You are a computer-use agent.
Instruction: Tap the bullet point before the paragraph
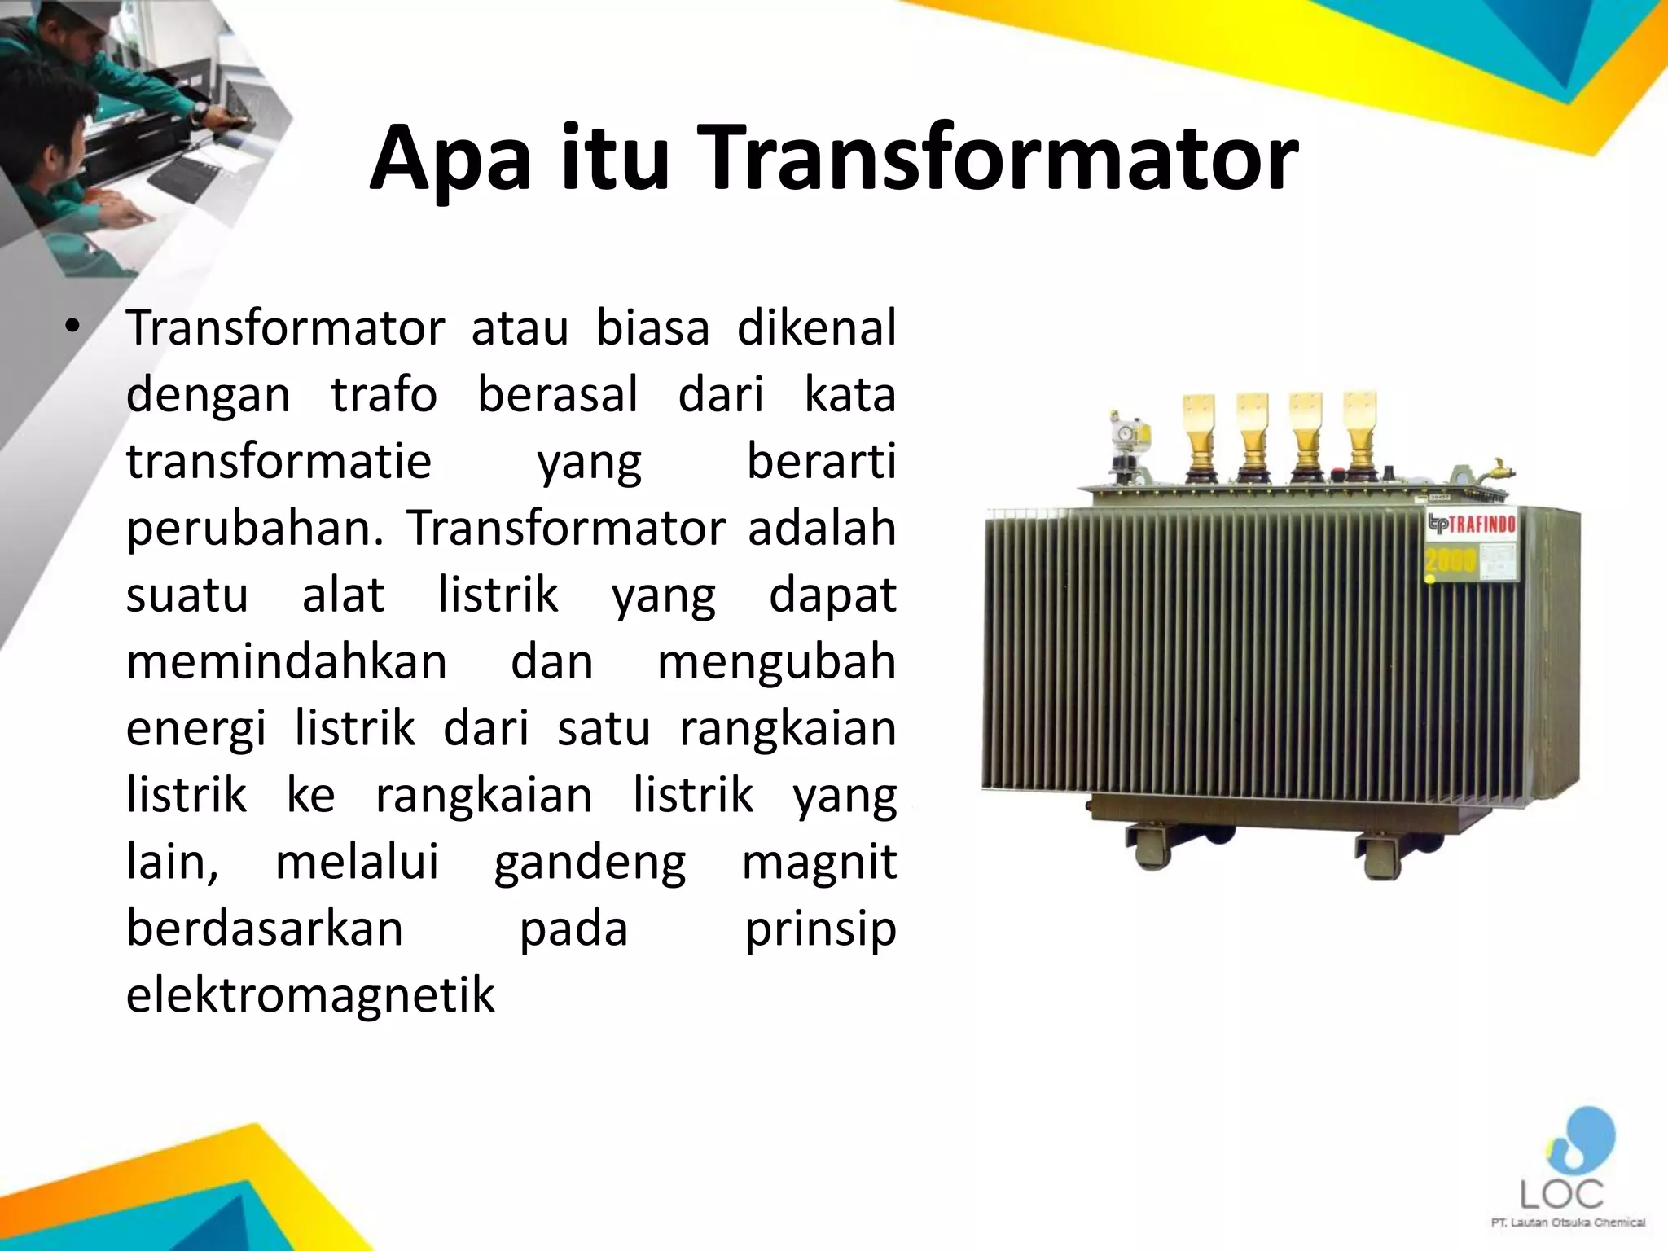(x=73, y=327)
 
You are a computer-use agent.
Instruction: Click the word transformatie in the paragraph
(x=279, y=462)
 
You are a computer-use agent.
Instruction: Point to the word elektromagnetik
(x=310, y=995)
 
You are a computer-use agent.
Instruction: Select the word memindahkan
(x=287, y=661)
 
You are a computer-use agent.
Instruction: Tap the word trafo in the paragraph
(x=384, y=395)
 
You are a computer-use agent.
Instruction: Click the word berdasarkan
(x=265, y=928)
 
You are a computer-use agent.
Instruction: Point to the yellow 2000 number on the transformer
(x=1449, y=560)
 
